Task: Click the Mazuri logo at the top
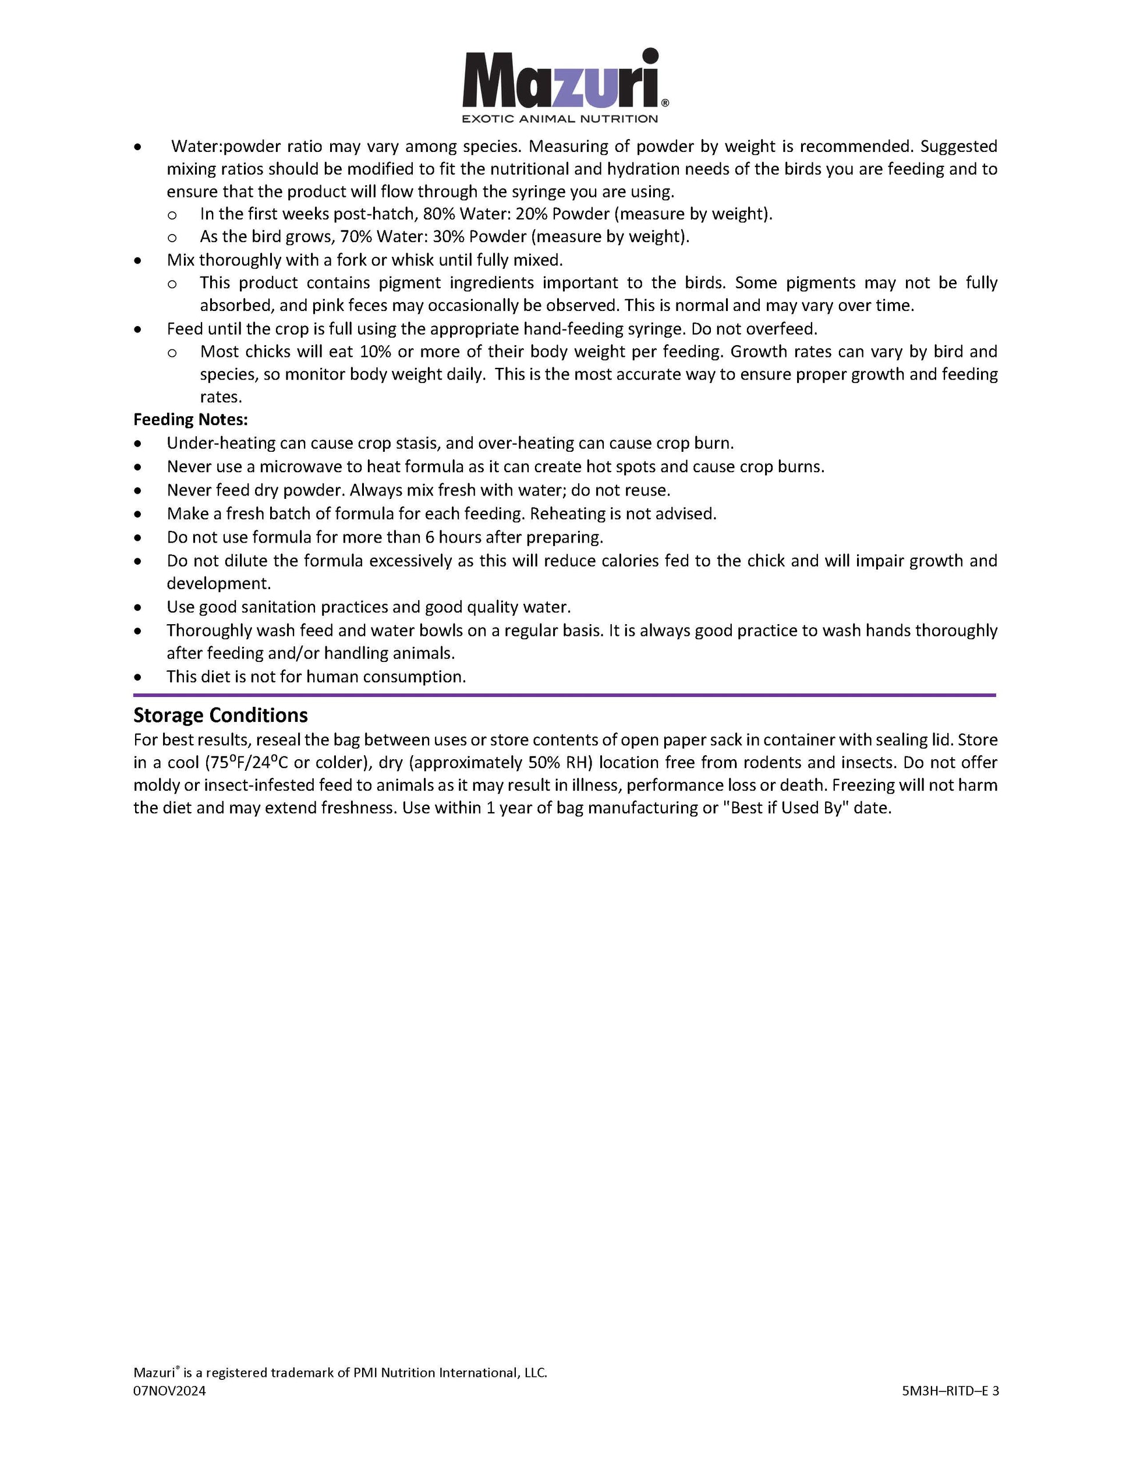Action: (x=564, y=79)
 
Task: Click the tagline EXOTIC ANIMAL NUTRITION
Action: (x=560, y=119)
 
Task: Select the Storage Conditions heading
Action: (x=220, y=715)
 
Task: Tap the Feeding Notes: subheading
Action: (x=190, y=420)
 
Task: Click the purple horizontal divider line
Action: (x=564, y=695)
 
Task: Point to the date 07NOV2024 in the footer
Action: (x=169, y=1391)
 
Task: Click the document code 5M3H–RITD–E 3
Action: (x=950, y=1391)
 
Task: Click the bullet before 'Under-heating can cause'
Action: (x=137, y=444)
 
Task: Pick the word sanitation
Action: (x=273, y=607)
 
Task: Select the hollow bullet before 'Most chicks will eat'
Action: (x=172, y=352)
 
